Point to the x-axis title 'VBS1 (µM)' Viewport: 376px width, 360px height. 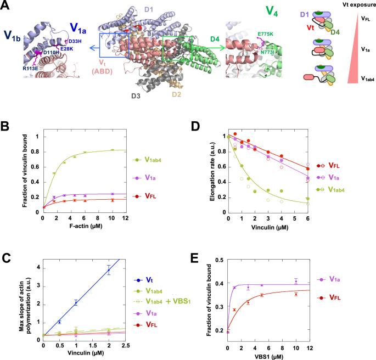click(x=272, y=355)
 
